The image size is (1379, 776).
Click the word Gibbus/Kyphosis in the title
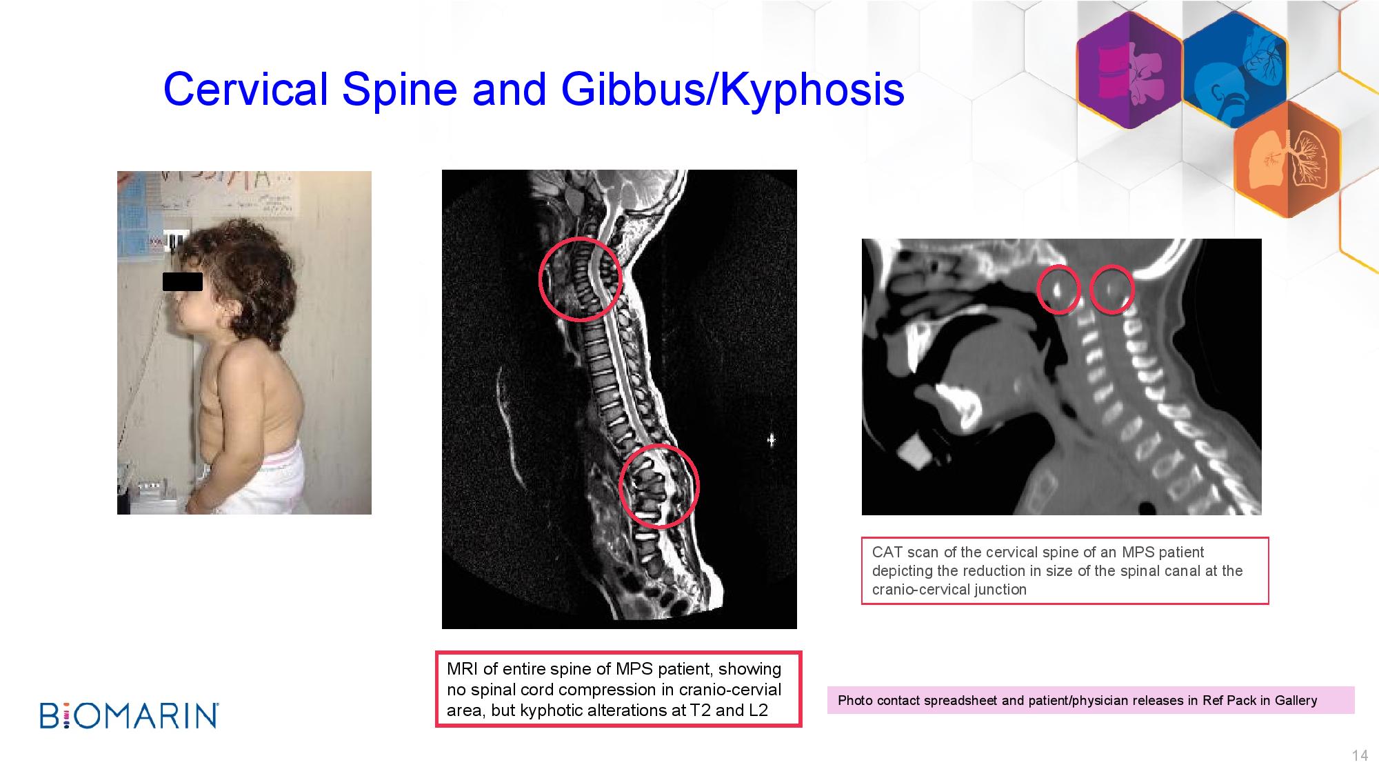tap(732, 90)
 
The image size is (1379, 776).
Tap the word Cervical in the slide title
tap(245, 89)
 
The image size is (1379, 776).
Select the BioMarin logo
tap(129, 715)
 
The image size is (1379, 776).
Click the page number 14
tap(1360, 756)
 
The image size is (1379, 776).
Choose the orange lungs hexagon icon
tap(1287, 159)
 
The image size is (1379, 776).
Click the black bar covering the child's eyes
tap(183, 281)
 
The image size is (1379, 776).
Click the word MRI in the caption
tap(463, 669)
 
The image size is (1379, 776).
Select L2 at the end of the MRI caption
tap(758, 710)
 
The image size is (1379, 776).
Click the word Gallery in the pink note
tap(1296, 701)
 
